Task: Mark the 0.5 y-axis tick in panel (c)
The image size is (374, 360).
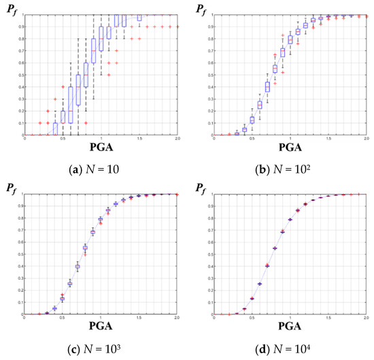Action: (x=20, y=254)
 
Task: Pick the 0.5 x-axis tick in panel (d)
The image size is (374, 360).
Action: (x=252, y=318)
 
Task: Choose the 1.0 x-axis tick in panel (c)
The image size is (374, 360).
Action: (x=101, y=318)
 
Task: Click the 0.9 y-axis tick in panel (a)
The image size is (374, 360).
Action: (x=20, y=27)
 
